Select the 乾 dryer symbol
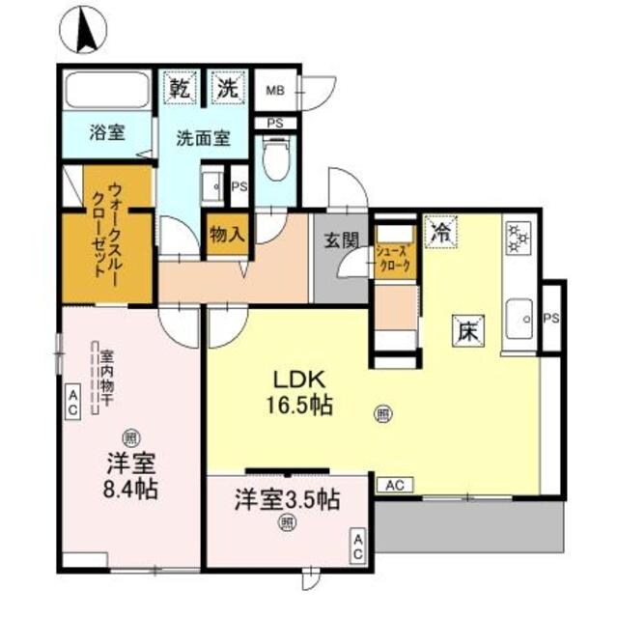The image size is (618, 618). [179, 88]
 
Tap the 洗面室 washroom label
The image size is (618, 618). [202, 138]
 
